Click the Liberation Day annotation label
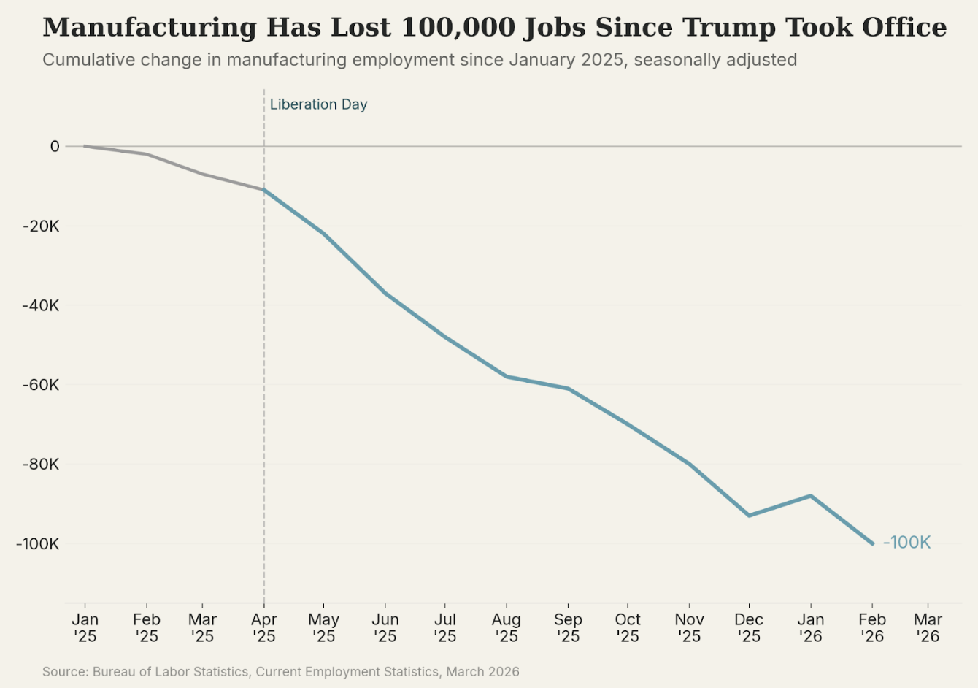point(318,104)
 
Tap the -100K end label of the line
point(906,543)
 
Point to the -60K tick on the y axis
point(41,385)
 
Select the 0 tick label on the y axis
point(55,147)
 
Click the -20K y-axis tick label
point(41,226)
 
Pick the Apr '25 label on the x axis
point(263,628)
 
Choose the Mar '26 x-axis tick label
point(928,628)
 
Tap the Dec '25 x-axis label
point(749,628)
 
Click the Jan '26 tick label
point(810,628)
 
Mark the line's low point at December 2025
point(749,516)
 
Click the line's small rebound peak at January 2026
point(810,496)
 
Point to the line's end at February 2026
point(872,543)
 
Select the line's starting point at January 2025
point(85,146)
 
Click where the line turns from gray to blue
point(263,190)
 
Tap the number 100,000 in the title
point(458,28)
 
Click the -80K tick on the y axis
point(41,465)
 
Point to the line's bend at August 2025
point(506,376)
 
